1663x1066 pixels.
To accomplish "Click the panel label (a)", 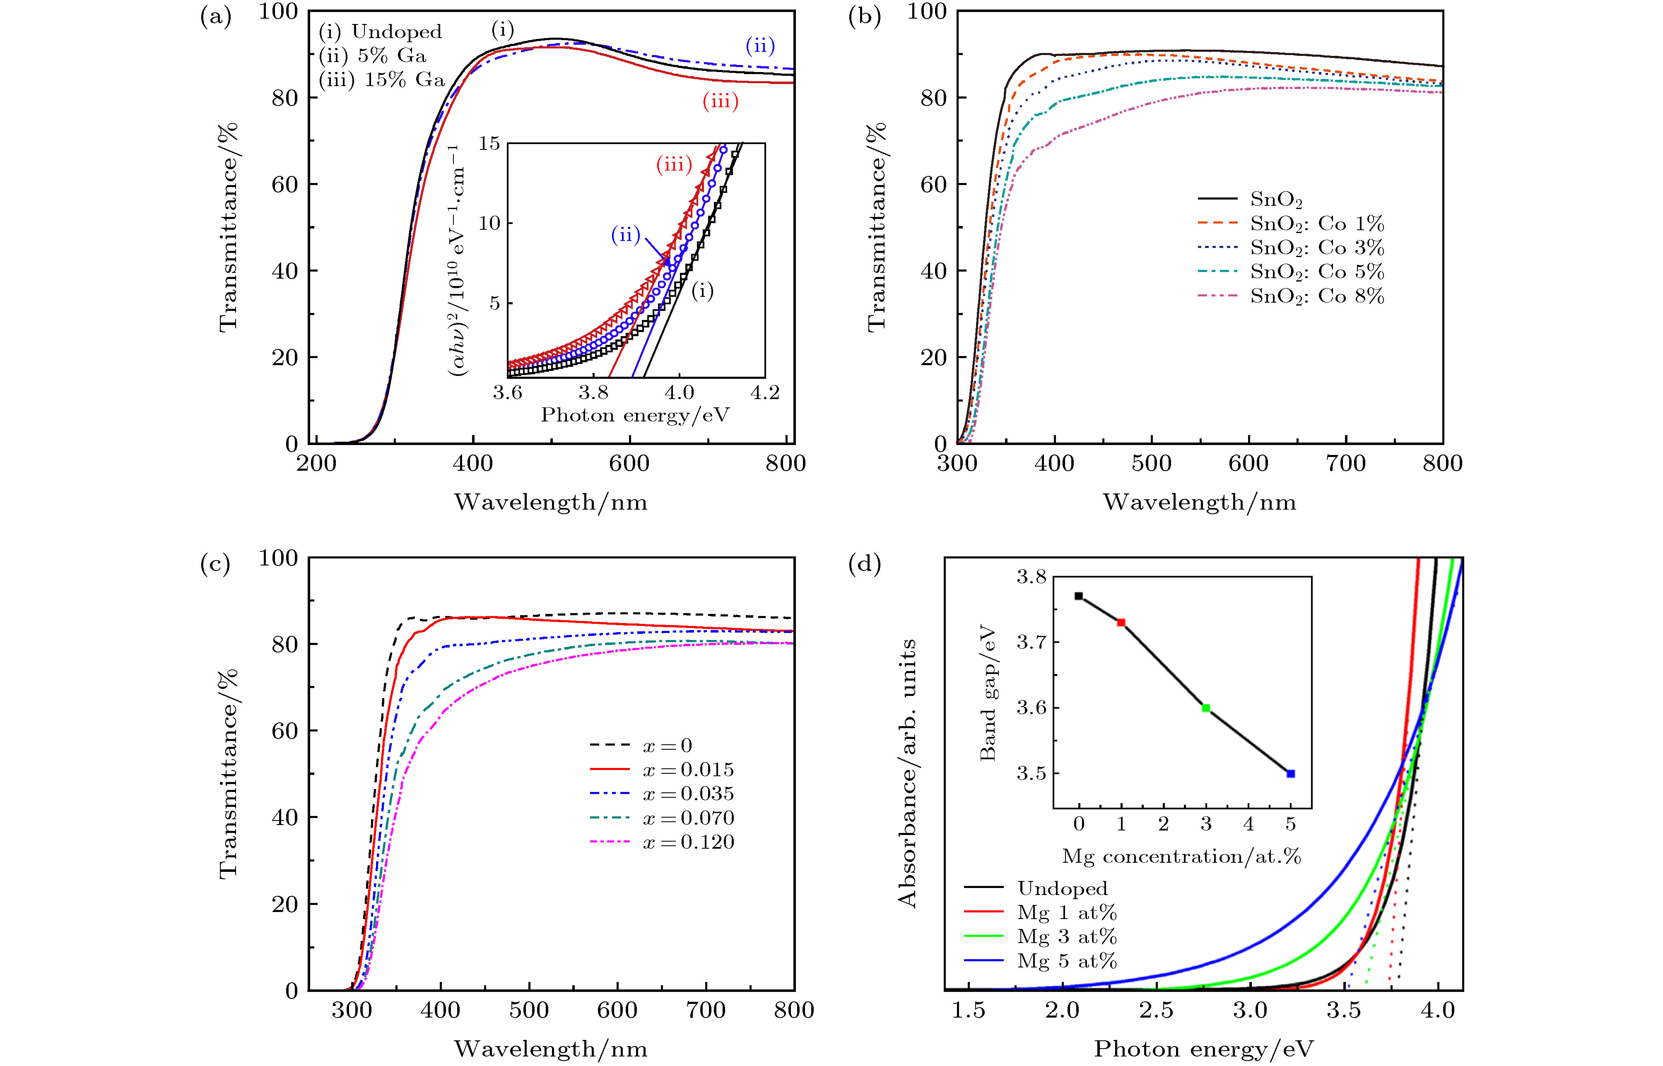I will coord(215,17).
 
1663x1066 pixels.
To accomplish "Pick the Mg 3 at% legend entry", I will coord(1066,936).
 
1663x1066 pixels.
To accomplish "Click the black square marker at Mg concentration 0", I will coord(1079,596).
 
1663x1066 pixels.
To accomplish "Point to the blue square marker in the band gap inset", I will coord(1290,774).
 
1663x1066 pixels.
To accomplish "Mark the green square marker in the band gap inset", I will coord(1206,708).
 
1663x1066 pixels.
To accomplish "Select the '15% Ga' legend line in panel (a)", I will coord(381,80).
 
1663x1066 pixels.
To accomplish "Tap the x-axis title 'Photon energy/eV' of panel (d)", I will coord(1203,1049).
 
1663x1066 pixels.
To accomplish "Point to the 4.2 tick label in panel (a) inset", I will coord(764,393).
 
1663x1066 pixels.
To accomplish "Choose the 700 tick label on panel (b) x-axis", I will coord(1345,463).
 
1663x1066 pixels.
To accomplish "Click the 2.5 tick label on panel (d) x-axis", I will coord(1156,1010).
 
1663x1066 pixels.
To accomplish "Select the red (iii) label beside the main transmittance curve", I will coord(720,102).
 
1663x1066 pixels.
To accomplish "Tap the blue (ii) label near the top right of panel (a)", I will coord(759,46).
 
